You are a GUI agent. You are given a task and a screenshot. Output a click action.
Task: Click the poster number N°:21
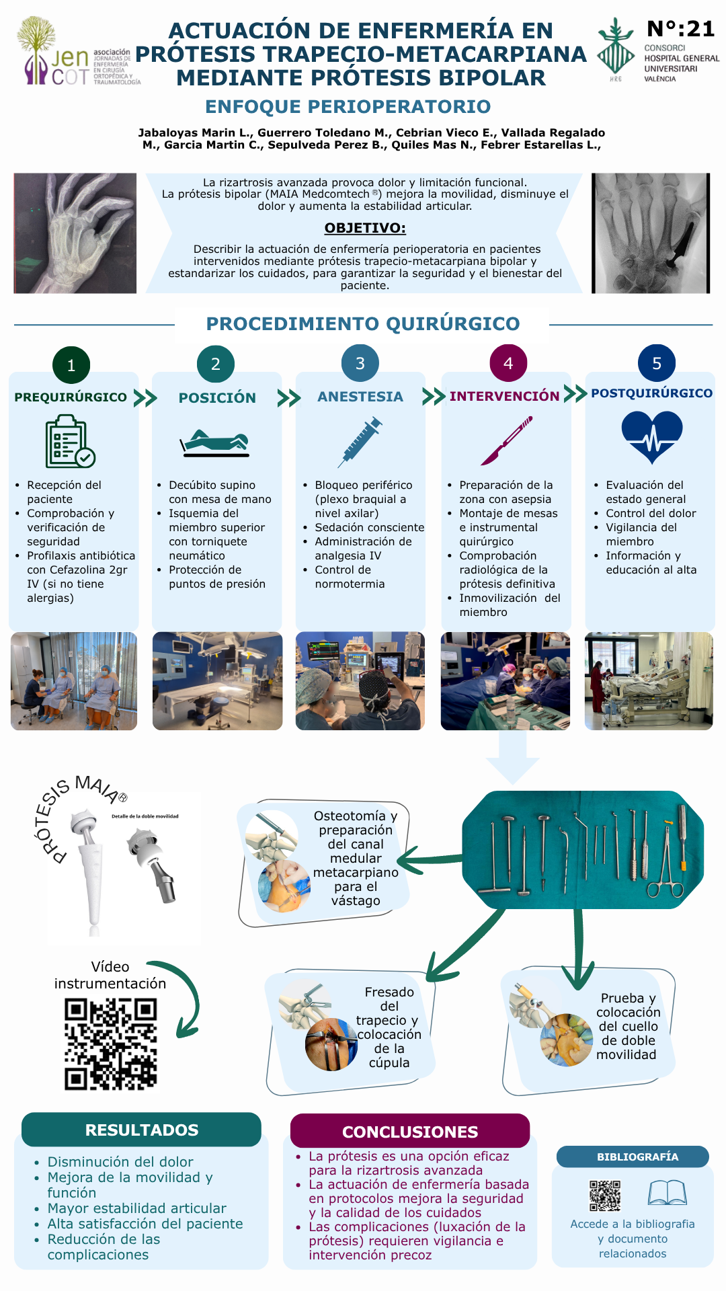pyautogui.click(x=680, y=29)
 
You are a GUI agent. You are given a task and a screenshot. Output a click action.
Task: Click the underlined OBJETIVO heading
pyautogui.click(x=365, y=228)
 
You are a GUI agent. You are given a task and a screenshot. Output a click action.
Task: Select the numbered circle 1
pyautogui.click(x=71, y=365)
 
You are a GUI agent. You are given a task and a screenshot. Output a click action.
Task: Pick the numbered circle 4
pyautogui.click(x=508, y=363)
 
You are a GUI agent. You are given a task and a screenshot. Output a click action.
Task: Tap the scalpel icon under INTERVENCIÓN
pyautogui.click(x=507, y=440)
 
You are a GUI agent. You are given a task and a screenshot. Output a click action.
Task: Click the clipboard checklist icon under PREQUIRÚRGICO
pyautogui.click(x=70, y=441)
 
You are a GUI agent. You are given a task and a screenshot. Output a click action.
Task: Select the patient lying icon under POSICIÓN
pyautogui.click(x=215, y=443)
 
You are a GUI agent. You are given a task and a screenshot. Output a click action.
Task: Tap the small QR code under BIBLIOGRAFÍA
pyautogui.click(x=605, y=1196)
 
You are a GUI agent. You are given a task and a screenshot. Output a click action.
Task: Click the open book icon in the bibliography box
pyautogui.click(x=668, y=1193)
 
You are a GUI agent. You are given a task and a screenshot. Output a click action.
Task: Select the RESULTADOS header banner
pyautogui.click(x=141, y=1130)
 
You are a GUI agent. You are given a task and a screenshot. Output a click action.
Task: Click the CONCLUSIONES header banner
pyautogui.click(x=410, y=1131)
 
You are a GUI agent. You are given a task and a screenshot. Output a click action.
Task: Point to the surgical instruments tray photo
pyautogui.click(x=583, y=850)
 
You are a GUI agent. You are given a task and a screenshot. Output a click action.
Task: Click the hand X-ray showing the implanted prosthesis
pyautogui.click(x=651, y=233)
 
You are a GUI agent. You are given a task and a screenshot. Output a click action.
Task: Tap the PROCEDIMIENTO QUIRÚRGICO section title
pyautogui.click(x=363, y=323)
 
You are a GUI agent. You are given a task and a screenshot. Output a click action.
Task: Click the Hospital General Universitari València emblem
pyautogui.click(x=616, y=48)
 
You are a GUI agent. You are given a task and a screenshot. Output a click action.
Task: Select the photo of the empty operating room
pyautogui.click(x=218, y=681)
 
